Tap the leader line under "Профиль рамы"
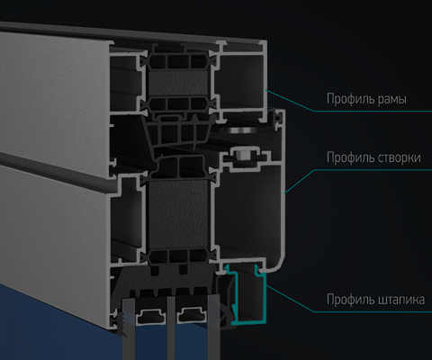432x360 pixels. [348, 102]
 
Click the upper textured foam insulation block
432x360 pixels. [178, 84]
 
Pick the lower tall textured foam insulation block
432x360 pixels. [178, 214]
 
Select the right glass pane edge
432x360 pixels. [213, 327]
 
